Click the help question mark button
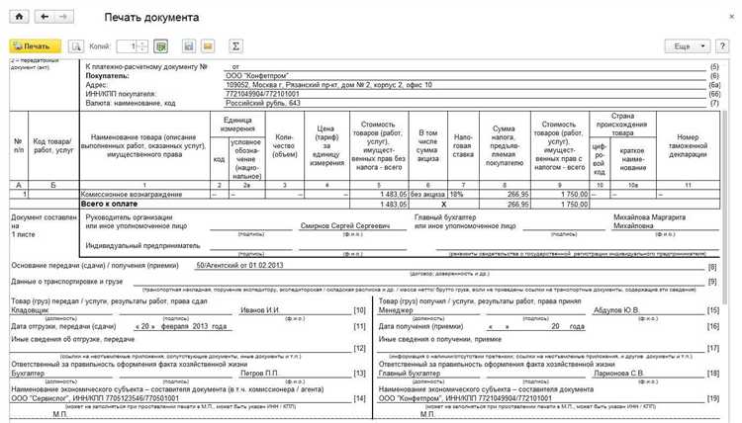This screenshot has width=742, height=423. pyautogui.click(x=726, y=45)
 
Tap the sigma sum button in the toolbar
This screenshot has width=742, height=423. pyautogui.click(x=235, y=45)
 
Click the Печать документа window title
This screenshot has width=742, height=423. pyautogui.click(x=151, y=18)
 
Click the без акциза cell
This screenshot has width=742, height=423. pyautogui.click(x=422, y=196)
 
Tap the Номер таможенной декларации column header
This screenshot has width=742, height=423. pyautogui.click(x=681, y=147)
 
